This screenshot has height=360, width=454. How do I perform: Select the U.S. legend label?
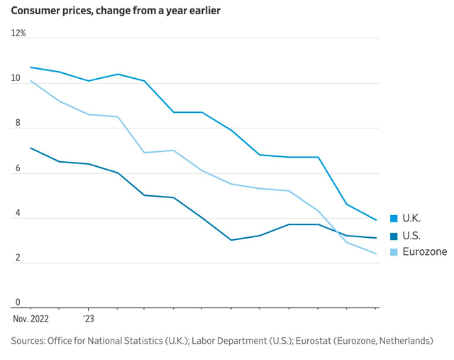coord(411,235)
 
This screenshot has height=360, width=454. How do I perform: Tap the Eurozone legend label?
coord(423,252)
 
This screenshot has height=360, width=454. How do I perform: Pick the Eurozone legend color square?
coord(393,252)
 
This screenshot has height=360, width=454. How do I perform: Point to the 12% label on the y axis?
coord(18,33)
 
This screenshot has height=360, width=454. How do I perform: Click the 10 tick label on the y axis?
coord(16,78)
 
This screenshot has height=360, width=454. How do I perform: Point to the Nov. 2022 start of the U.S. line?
coord(31,148)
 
